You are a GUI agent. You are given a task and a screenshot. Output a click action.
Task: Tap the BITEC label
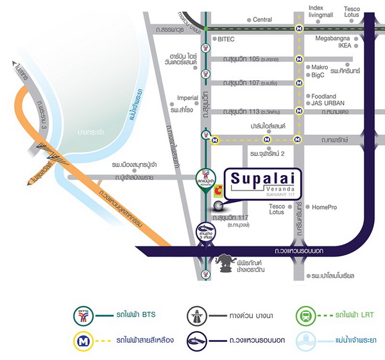[x=226, y=39]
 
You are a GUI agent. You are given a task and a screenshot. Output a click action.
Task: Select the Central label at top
[x=262, y=20]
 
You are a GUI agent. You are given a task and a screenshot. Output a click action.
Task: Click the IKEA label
[x=345, y=46]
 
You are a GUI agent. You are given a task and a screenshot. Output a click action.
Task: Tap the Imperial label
[x=187, y=98]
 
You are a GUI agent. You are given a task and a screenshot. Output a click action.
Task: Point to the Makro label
[x=320, y=67]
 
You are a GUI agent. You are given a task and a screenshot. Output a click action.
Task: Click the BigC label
[x=318, y=75]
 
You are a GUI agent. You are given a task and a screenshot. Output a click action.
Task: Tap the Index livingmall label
[x=321, y=12]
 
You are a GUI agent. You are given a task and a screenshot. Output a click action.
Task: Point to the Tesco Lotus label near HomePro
[x=277, y=209]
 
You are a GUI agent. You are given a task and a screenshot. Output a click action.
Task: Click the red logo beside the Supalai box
[x=219, y=189]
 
